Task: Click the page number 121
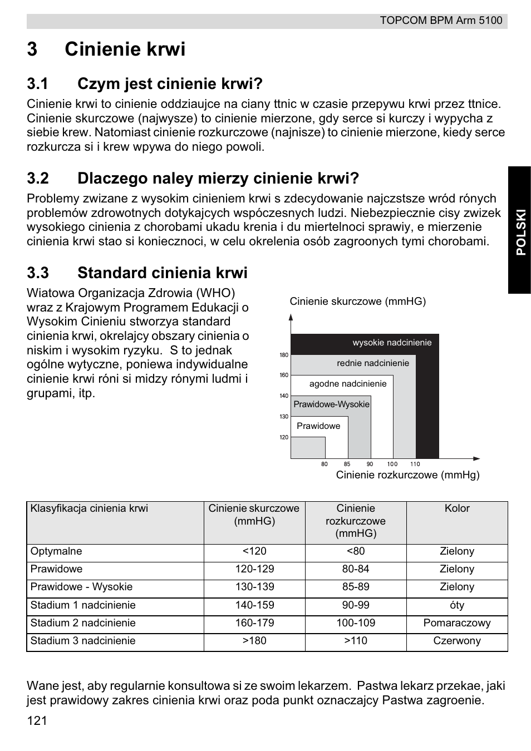(x=37, y=721)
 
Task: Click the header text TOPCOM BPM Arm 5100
(x=441, y=21)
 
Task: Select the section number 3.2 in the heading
(x=38, y=179)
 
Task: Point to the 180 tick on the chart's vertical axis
(x=284, y=355)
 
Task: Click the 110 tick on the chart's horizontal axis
(x=415, y=464)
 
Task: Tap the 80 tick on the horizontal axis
(x=324, y=464)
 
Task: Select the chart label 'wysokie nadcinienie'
(x=392, y=343)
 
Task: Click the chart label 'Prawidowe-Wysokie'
(x=331, y=404)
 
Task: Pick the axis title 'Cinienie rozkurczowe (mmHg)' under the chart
(x=407, y=475)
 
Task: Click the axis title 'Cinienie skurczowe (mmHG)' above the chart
(x=357, y=302)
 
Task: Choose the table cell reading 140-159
(x=254, y=605)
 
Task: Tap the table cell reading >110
(x=356, y=641)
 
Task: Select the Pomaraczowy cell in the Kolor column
(x=457, y=623)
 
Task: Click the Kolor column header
(x=457, y=508)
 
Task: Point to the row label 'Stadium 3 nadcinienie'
(x=83, y=641)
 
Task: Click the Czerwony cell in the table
(x=457, y=641)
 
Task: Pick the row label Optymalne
(x=56, y=551)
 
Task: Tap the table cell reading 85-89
(x=356, y=587)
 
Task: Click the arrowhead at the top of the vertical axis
(x=291, y=318)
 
